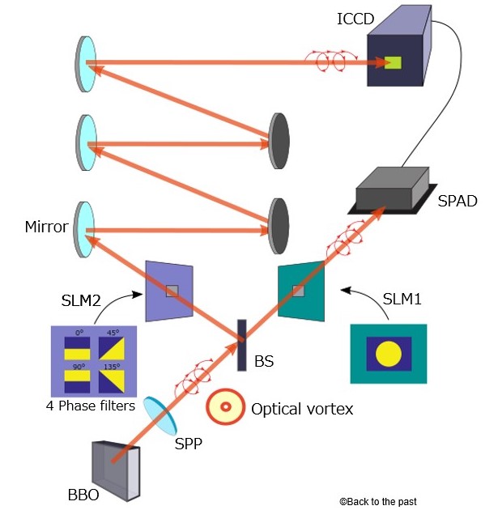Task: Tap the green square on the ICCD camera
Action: tap(394, 62)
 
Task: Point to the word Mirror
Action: tap(47, 227)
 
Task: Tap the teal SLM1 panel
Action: tap(300, 291)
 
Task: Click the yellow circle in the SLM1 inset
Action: tap(389, 354)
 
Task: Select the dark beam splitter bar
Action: tap(240, 345)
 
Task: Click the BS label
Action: tap(264, 360)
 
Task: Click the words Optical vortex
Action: tap(302, 409)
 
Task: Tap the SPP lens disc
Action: tap(159, 416)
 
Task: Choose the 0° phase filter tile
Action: tap(78, 346)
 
